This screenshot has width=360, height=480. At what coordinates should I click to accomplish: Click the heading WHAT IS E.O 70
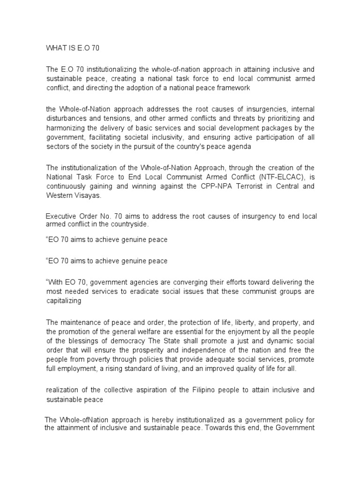point(73,48)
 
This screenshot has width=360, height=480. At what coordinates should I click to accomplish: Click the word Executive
point(61,216)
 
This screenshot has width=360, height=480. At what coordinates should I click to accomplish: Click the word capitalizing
point(64,300)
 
